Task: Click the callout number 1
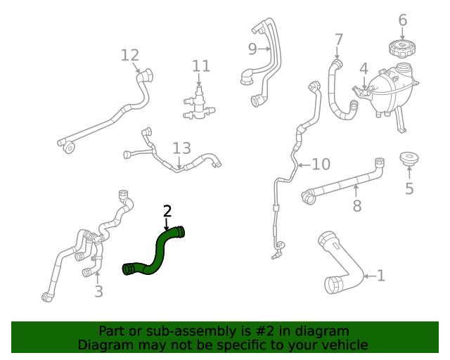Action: (380, 276)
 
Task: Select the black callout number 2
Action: (167, 211)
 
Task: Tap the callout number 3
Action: (98, 291)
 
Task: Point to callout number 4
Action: (364, 69)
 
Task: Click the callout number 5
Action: (409, 188)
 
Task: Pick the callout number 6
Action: (402, 20)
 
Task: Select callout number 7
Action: (338, 39)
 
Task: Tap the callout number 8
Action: (356, 206)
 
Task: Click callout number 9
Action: (252, 49)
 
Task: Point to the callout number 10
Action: (321, 165)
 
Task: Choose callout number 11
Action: (201, 66)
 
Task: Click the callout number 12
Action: (130, 55)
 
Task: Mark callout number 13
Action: (181, 148)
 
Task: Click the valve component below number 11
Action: (198, 103)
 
